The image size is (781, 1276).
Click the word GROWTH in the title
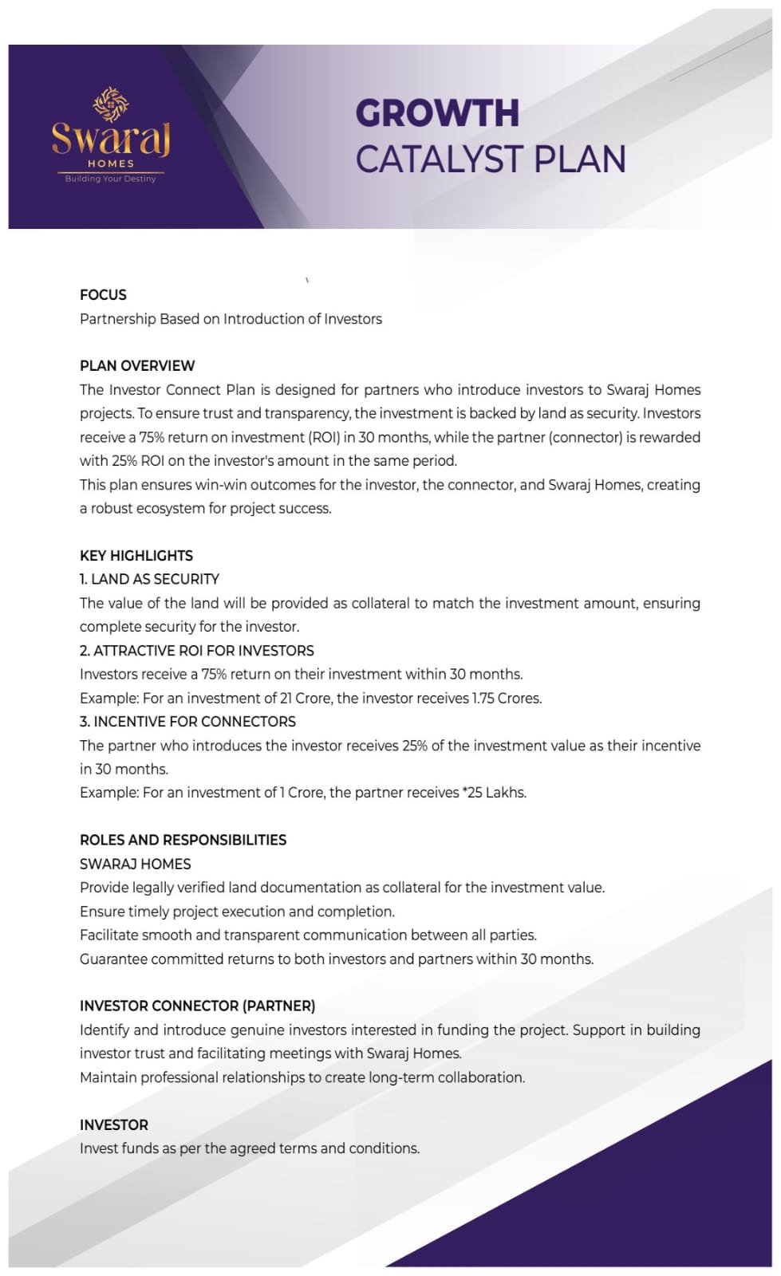[x=436, y=113]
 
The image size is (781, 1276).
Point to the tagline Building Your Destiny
[x=111, y=179]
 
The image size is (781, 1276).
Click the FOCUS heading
[x=103, y=295]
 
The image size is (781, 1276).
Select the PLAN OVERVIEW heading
[x=137, y=366]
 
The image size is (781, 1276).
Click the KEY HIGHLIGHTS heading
[x=136, y=556]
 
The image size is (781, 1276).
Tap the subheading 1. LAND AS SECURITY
[x=149, y=579]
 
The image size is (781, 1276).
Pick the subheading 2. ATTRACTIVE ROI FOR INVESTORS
[x=197, y=651]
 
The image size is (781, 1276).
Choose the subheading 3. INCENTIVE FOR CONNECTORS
[x=187, y=722]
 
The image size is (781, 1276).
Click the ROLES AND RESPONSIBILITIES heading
[x=183, y=840]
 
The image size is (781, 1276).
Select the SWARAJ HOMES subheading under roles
[x=136, y=864]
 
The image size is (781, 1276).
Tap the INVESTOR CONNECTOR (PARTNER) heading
[x=197, y=1006]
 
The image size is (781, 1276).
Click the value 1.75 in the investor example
[x=483, y=698]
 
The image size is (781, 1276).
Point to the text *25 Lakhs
[x=494, y=793]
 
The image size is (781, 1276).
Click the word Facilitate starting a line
[x=108, y=935]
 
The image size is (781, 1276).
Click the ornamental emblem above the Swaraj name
[x=111, y=104]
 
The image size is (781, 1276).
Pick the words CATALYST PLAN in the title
[x=490, y=159]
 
